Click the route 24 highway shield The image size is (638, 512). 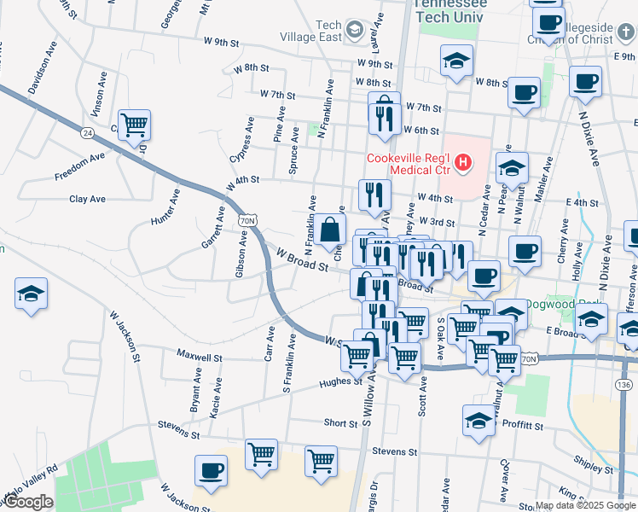pyautogui.click(x=88, y=132)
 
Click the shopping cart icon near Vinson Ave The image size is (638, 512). pyautogui.click(x=135, y=125)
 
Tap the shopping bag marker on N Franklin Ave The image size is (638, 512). pyautogui.click(x=330, y=230)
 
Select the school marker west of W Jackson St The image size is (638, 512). pyautogui.click(x=32, y=294)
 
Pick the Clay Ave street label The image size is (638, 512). pyautogui.click(x=87, y=199)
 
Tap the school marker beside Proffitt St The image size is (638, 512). pyautogui.click(x=479, y=420)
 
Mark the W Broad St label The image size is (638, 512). pyautogui.click(x=302, y=259)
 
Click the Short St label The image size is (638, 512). pyautogui.click(x=340, y=423)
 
